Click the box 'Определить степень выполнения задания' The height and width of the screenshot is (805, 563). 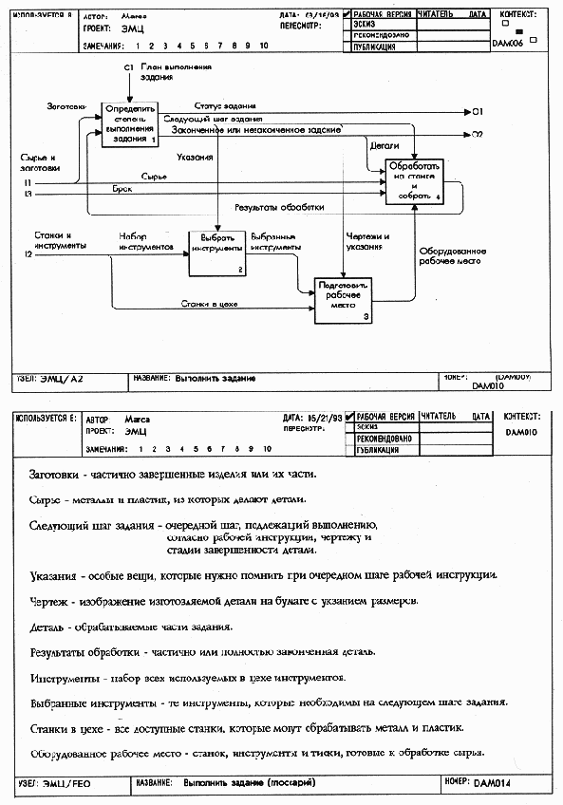coord(130,123)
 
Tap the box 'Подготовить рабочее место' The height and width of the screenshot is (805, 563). coord(344,299)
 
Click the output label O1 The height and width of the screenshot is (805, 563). coord(478,112)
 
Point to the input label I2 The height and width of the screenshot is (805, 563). coord(28,255)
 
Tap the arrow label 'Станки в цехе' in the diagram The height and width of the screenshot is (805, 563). coord(210,304)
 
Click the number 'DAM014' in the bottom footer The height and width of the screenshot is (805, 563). coord(492,784)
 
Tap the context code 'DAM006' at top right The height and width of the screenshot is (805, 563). coord(509,44)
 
